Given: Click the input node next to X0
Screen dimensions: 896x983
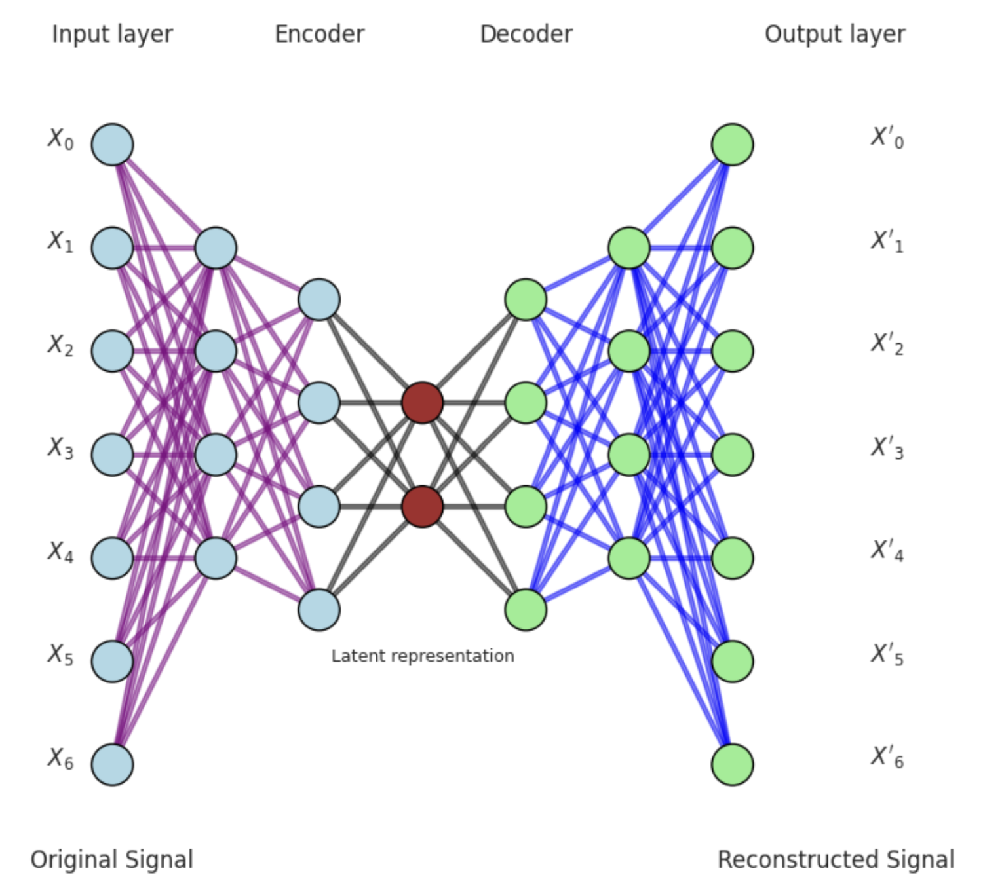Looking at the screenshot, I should [x=112, y=145].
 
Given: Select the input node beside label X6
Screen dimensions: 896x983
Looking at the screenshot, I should [x=112, y=764].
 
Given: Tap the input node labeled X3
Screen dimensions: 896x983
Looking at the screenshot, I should [x=112, y=455].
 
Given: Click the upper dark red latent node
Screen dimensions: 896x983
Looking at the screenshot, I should [x=422, y=403].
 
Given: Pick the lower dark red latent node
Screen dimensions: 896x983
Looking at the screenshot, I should [x=422, y=506].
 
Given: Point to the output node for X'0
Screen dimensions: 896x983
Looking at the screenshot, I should [x=732, y=145].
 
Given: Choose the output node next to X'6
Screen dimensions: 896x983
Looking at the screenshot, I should [x=732, y=764].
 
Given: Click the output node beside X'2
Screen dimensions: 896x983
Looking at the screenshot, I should [x=732, y=351].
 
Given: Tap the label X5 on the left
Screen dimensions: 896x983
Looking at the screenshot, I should [x=60, y=654].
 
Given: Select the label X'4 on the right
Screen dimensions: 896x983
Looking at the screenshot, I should [x=887, y=551].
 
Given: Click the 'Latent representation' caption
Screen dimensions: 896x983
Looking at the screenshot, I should [x=423, y=656].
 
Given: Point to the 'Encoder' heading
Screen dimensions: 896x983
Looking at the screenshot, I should [x=319, y=34].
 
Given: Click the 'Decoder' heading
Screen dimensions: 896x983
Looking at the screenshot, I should [x=526, y=34].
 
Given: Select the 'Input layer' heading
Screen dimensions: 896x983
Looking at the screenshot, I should [x=112, y=34].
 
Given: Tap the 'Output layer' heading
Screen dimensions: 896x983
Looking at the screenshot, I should [x=835, y=34].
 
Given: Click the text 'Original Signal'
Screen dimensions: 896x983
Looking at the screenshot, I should [x=112, y=860].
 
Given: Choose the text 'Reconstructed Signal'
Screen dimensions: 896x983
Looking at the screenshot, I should [x=836, y=860].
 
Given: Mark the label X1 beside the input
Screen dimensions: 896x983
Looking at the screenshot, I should [x=60, y=242].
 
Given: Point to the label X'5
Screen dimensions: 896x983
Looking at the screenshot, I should [x=887, y=654].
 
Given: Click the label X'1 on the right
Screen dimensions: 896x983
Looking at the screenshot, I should [x=887, y=242].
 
